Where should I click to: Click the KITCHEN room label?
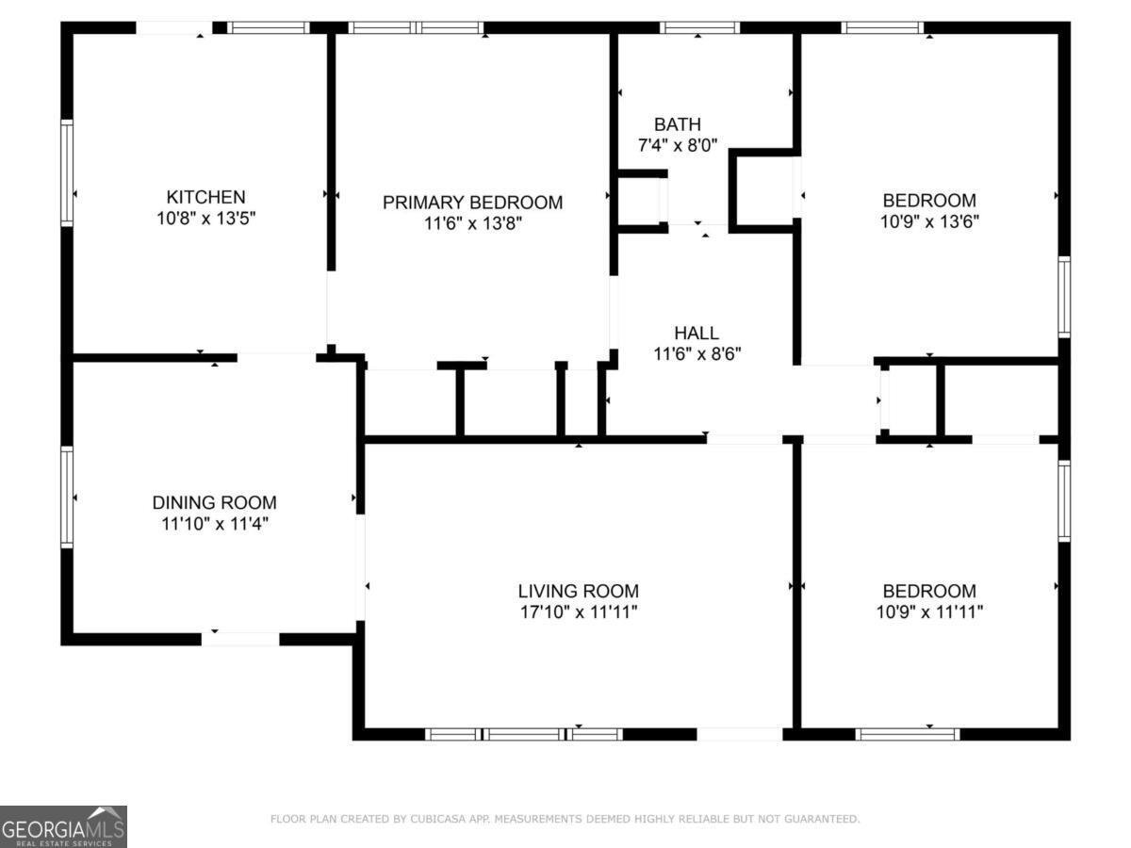(205, 197)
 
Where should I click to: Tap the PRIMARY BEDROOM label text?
(472, 203)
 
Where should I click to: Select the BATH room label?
(678, 124)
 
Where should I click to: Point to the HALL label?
(697, 333)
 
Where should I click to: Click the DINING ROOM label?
(214, 502)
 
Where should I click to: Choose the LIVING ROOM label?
(578, 591)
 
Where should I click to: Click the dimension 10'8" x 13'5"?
(206, 219)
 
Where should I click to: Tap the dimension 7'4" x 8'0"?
(678, 146)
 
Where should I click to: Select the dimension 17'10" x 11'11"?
(578, 612)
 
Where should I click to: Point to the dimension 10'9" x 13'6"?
(929, 221)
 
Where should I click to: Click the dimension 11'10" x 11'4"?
(215, 524)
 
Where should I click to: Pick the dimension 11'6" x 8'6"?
(697, 354)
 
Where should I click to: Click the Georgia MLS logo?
(63, 826)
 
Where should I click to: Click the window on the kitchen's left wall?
(67, 173)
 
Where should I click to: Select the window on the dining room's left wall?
(67, 497)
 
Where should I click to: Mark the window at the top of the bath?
(699, 28)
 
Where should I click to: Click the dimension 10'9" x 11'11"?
(929, 612)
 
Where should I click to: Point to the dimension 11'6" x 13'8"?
(473, 223)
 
